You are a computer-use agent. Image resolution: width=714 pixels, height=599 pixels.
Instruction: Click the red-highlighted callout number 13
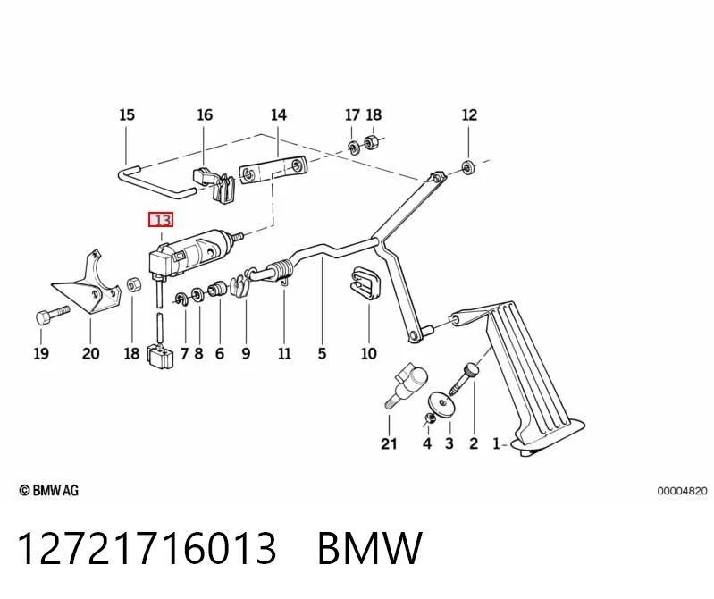161,220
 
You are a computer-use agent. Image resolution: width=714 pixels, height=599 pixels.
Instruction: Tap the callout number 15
127,114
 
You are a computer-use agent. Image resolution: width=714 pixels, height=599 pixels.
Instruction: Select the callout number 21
389,443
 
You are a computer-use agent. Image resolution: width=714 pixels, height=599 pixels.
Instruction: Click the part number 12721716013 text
147,548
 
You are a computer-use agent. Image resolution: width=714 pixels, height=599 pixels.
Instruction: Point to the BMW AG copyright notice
49,490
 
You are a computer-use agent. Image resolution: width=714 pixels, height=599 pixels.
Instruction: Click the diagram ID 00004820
682,491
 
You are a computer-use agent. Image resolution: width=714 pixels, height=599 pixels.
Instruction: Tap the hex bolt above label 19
52,315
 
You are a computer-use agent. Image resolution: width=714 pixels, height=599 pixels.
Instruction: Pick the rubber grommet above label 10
365,283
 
